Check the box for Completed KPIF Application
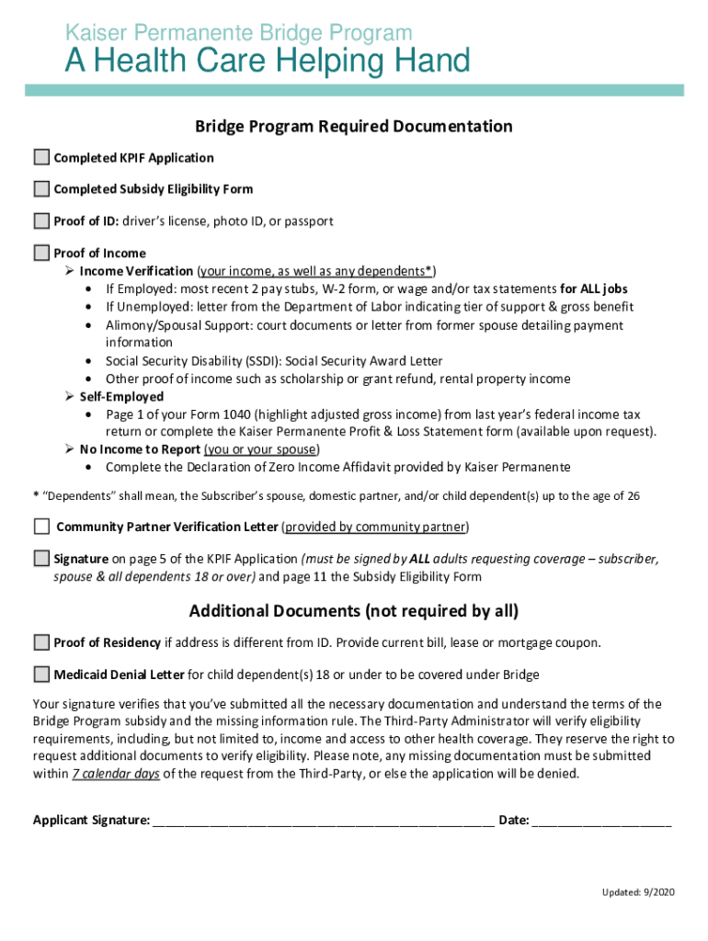point(41,157)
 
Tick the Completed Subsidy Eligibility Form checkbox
point(41,189)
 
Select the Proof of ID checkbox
point(41,221)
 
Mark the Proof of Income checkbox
point(41,253)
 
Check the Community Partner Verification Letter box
point(41,527)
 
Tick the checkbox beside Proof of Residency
point(41,642)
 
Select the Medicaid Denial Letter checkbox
point(41,675)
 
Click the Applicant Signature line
point(323,822)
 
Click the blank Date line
point(601,822)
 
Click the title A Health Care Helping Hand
point(267,62)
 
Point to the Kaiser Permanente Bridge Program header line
point(238,34)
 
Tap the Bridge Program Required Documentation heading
point(353,126)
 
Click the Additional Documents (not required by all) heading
point(353,611)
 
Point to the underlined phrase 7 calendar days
point(116,774)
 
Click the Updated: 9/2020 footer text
point(638,892)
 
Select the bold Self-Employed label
point(121,397)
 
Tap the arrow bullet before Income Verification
point(70,271)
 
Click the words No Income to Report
point(139,449)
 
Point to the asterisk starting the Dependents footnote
point(35,496)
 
